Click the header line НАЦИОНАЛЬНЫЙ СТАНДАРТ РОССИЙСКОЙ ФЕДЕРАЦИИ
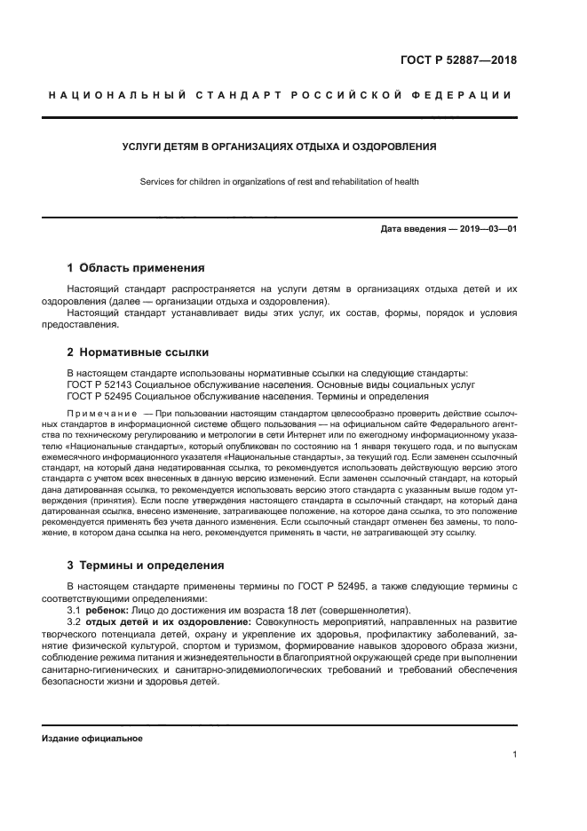279,95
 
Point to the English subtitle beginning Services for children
279,182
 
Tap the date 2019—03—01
485,229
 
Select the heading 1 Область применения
136,267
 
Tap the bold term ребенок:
107,610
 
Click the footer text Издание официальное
91,738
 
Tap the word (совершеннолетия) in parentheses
365,610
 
